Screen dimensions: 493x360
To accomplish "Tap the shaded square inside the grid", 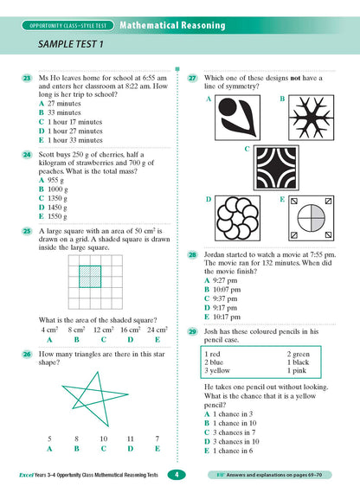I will pos(89,277).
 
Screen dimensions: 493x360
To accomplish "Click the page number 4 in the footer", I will pos(177,474).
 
